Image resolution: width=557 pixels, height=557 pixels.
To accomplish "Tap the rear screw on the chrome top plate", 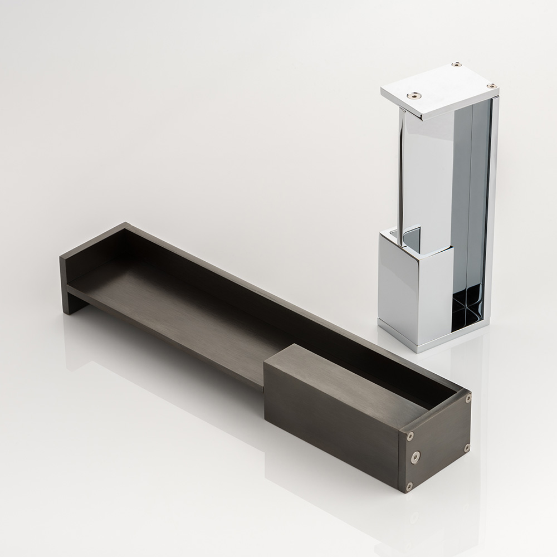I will (x=456, y=65).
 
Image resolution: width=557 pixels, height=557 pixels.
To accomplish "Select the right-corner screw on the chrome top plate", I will (x=491, y=86).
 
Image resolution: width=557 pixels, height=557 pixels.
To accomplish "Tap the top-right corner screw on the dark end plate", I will (x=467, y=398).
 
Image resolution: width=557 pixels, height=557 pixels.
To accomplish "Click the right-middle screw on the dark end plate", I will (x=467, y=447).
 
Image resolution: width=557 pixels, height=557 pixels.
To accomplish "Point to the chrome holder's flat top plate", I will (x=440, y=89).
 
